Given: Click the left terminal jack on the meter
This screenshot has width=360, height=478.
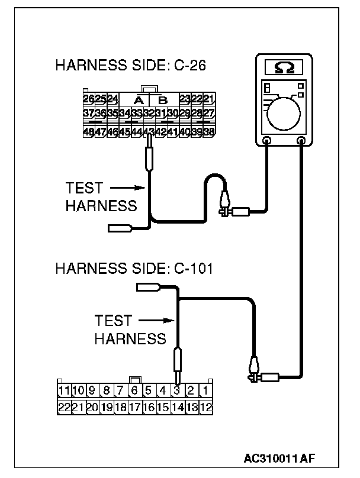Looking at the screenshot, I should pos(267,141).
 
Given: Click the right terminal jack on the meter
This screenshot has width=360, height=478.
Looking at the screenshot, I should pos(302,141).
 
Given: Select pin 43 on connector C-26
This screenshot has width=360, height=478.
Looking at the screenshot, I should pos(149,131).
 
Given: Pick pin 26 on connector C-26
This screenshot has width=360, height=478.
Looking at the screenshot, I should pos(89,98).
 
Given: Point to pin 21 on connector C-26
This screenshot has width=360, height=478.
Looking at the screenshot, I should pos(208,98).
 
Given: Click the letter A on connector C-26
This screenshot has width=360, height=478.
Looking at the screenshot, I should pos(140,99).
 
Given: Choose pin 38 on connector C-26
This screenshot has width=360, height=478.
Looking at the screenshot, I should pos(208,131).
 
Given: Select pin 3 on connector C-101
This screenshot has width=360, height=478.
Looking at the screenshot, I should pos(176,390).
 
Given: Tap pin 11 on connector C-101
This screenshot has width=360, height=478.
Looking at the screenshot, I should pos(64,390).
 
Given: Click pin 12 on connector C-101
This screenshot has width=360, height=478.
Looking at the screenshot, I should pos(205,407).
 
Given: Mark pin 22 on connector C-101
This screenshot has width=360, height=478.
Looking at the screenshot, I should pos(64,407).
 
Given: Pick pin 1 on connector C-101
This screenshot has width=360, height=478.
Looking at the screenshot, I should pos(205,390).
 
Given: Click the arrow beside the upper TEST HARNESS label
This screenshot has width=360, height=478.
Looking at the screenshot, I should pos(128,189).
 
